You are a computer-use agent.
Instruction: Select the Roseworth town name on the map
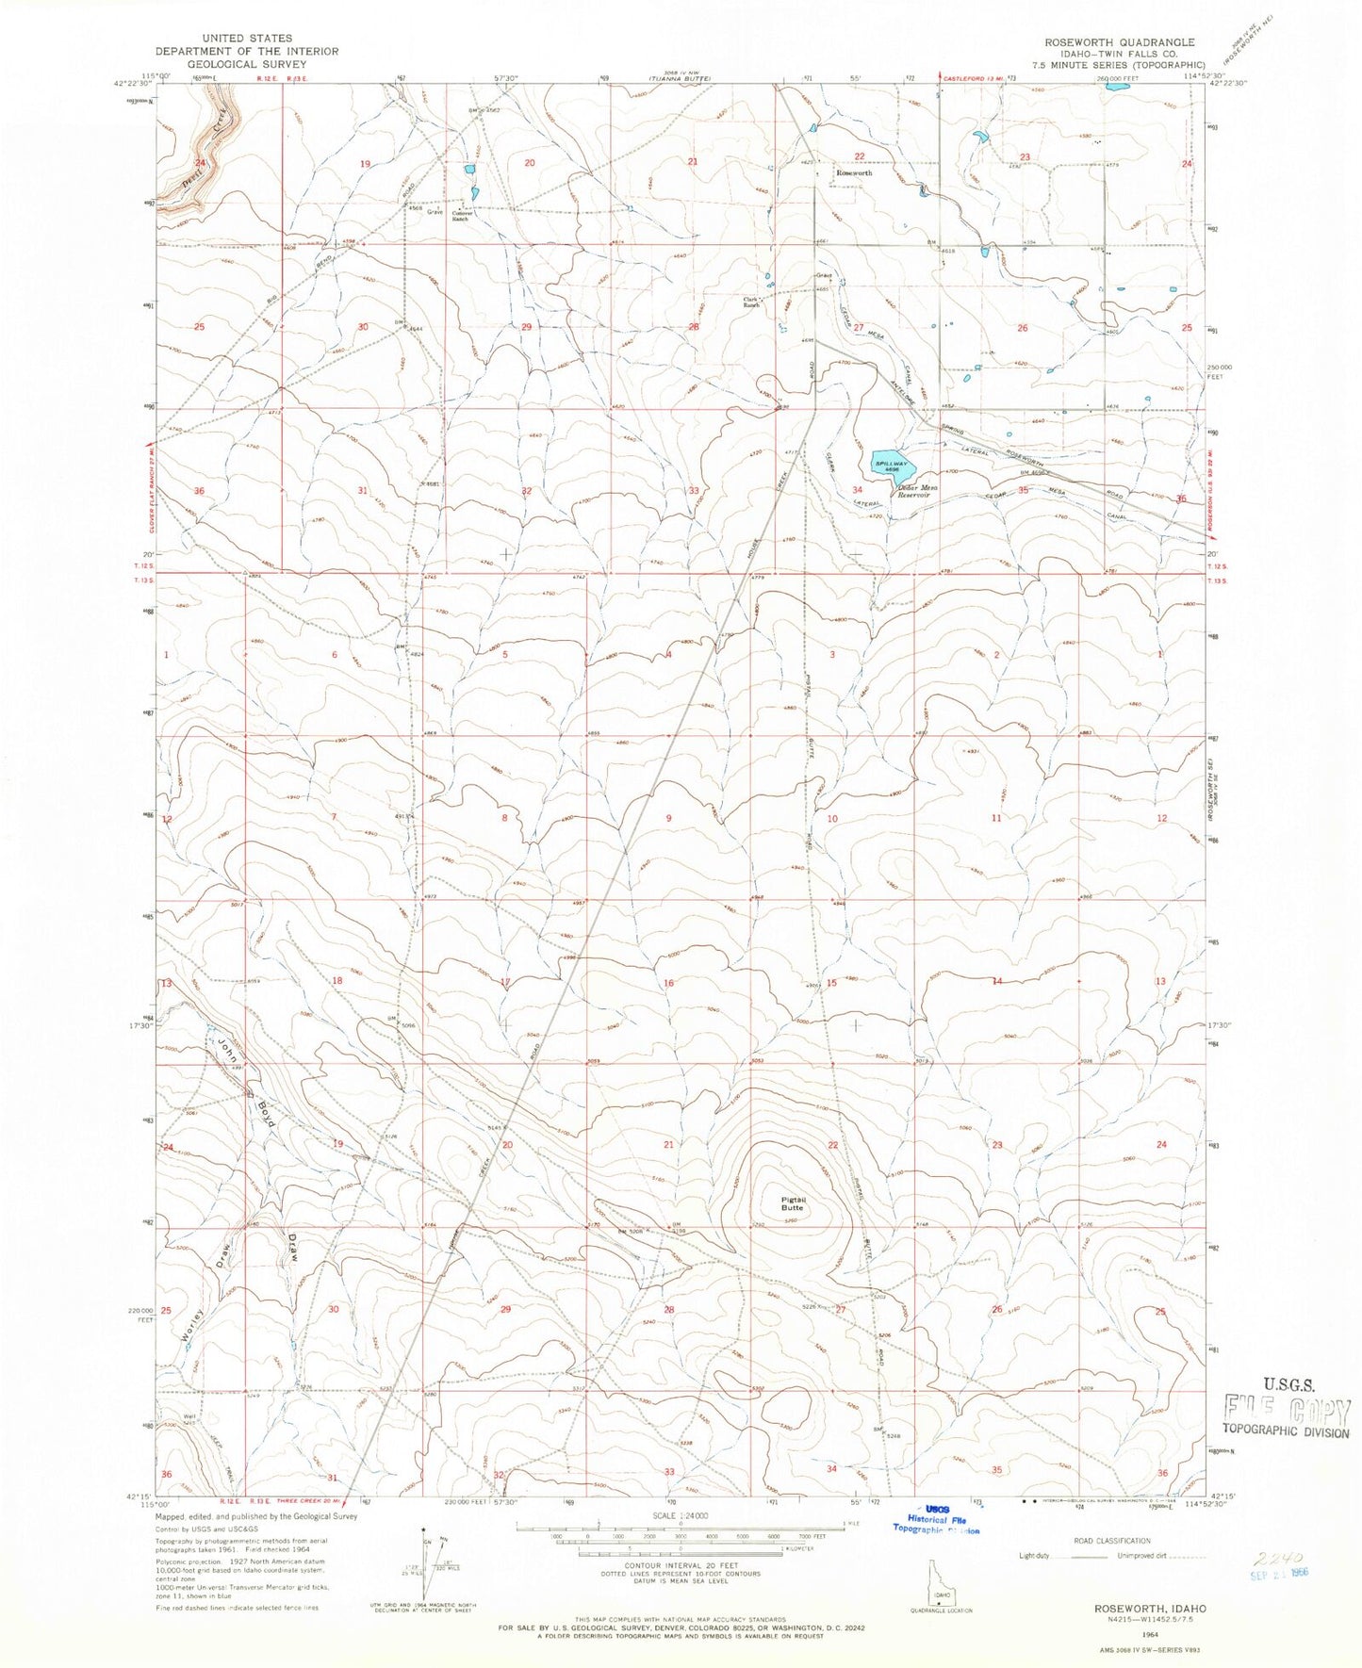[x=854, y=173]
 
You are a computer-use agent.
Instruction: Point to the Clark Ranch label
[x=751, y=303]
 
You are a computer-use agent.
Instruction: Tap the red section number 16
[x=669, y=983]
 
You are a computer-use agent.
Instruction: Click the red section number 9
[x=669, y=818]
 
